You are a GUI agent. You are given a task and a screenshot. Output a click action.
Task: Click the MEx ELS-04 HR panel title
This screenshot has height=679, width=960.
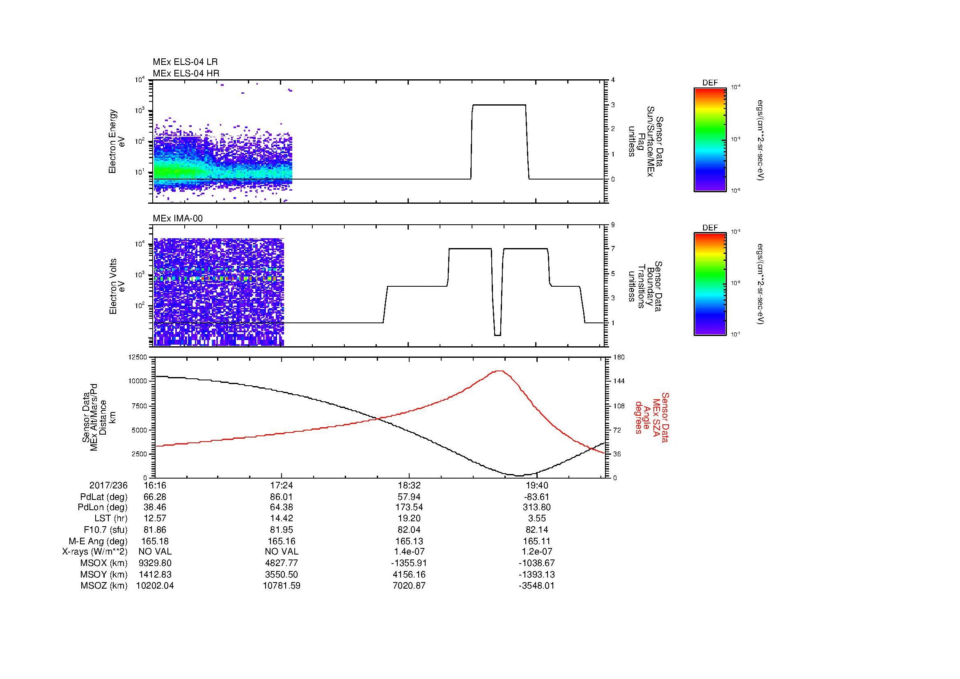pyautogui.click(x=186, y=73)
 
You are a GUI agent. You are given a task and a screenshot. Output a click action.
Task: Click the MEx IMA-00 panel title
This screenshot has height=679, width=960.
pyautogui.click(x=177, y=219)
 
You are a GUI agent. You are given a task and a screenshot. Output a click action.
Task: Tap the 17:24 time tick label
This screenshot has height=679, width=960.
pyautogui.click(x=282, y=485)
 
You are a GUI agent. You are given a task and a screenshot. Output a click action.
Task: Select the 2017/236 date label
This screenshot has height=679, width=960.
pyautogui.click(x=108, y=485)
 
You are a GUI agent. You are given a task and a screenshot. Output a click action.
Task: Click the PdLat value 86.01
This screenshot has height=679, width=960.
pyautogui.click(x=282, y=497)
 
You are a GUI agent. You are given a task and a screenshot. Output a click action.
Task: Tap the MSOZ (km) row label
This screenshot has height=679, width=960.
pyautogui.click(x=104, y=586)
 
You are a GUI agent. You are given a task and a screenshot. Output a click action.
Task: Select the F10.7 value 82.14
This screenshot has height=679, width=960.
pyautogui.click(x=536, y=529)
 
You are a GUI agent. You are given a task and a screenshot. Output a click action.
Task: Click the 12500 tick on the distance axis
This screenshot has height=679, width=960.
pyautogui.click(x=137, y=357)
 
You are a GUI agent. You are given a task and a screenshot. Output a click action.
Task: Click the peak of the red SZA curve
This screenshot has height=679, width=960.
pyautogui.click(x=500, y=371)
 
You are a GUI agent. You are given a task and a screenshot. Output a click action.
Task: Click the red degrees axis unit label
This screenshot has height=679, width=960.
pyautogui.click(x=638, y=418)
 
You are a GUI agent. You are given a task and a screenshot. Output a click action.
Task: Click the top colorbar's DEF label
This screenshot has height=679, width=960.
pyautogui.click(x=710, y=83)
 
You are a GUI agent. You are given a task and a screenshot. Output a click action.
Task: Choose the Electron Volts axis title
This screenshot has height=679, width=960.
pyautogui.click(x=113, y=286)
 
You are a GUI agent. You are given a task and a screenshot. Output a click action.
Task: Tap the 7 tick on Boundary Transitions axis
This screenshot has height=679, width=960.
pyautogui.click(x=612, y=249)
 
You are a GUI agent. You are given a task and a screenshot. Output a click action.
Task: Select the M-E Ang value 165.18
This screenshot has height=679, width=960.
pyautogui.click(x=155, y=541)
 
